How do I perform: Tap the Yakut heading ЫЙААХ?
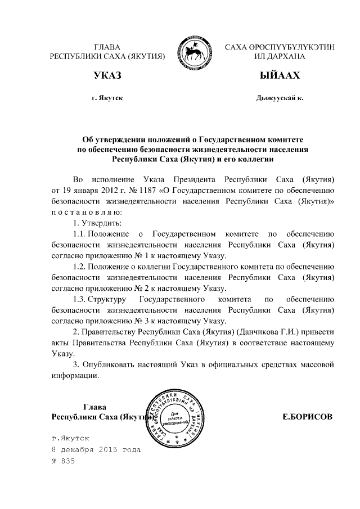coord(280,75)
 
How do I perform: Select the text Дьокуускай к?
coord(280,98)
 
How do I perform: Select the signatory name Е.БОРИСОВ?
coord(307,417)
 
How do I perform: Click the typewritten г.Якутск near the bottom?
coord(70,437)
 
